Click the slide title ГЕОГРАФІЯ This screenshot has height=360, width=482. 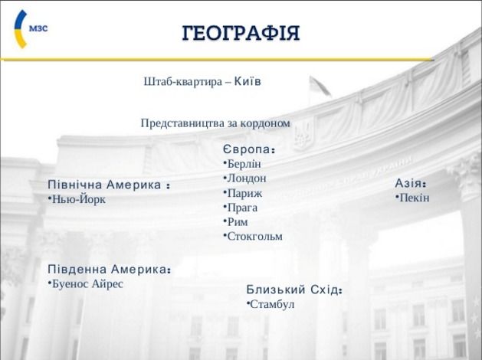coord(241,33)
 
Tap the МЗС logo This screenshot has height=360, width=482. coord(31,29)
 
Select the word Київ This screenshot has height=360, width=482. coord(248,81)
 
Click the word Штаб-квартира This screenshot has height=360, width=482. coord(182,82)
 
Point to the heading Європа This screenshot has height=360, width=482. coord(248,149)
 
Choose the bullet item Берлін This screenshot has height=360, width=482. coord(242,164)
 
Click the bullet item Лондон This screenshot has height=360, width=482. coord(245,178)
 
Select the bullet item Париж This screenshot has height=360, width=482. coord(243,193)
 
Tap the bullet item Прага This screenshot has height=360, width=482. coord(241,208)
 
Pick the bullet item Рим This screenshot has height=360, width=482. coord(236,222)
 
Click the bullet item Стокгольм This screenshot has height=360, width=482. coord(253,236)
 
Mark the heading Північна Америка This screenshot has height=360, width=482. coord(109,185)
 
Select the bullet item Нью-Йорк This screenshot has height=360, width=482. coord(77,199)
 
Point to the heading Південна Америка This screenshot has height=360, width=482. coord(109,269)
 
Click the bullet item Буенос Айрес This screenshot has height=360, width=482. coord(86,283)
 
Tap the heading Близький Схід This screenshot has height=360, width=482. coord(294,290)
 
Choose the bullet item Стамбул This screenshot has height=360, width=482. coord(271,304)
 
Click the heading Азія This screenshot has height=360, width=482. coord(411,183)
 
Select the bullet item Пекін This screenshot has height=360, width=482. coord(412,198)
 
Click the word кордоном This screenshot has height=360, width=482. coord(265,123)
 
